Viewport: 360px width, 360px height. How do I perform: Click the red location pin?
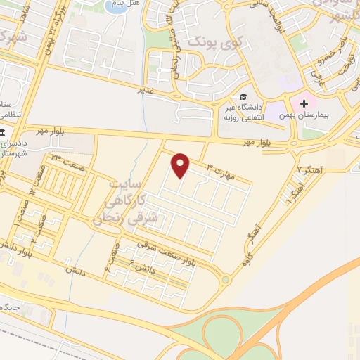pos(181,165)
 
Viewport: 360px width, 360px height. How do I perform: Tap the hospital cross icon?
pos(304,103)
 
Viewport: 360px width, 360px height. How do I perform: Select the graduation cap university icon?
pos(243,97)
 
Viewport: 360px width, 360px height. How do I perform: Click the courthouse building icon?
pos(3,133)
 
